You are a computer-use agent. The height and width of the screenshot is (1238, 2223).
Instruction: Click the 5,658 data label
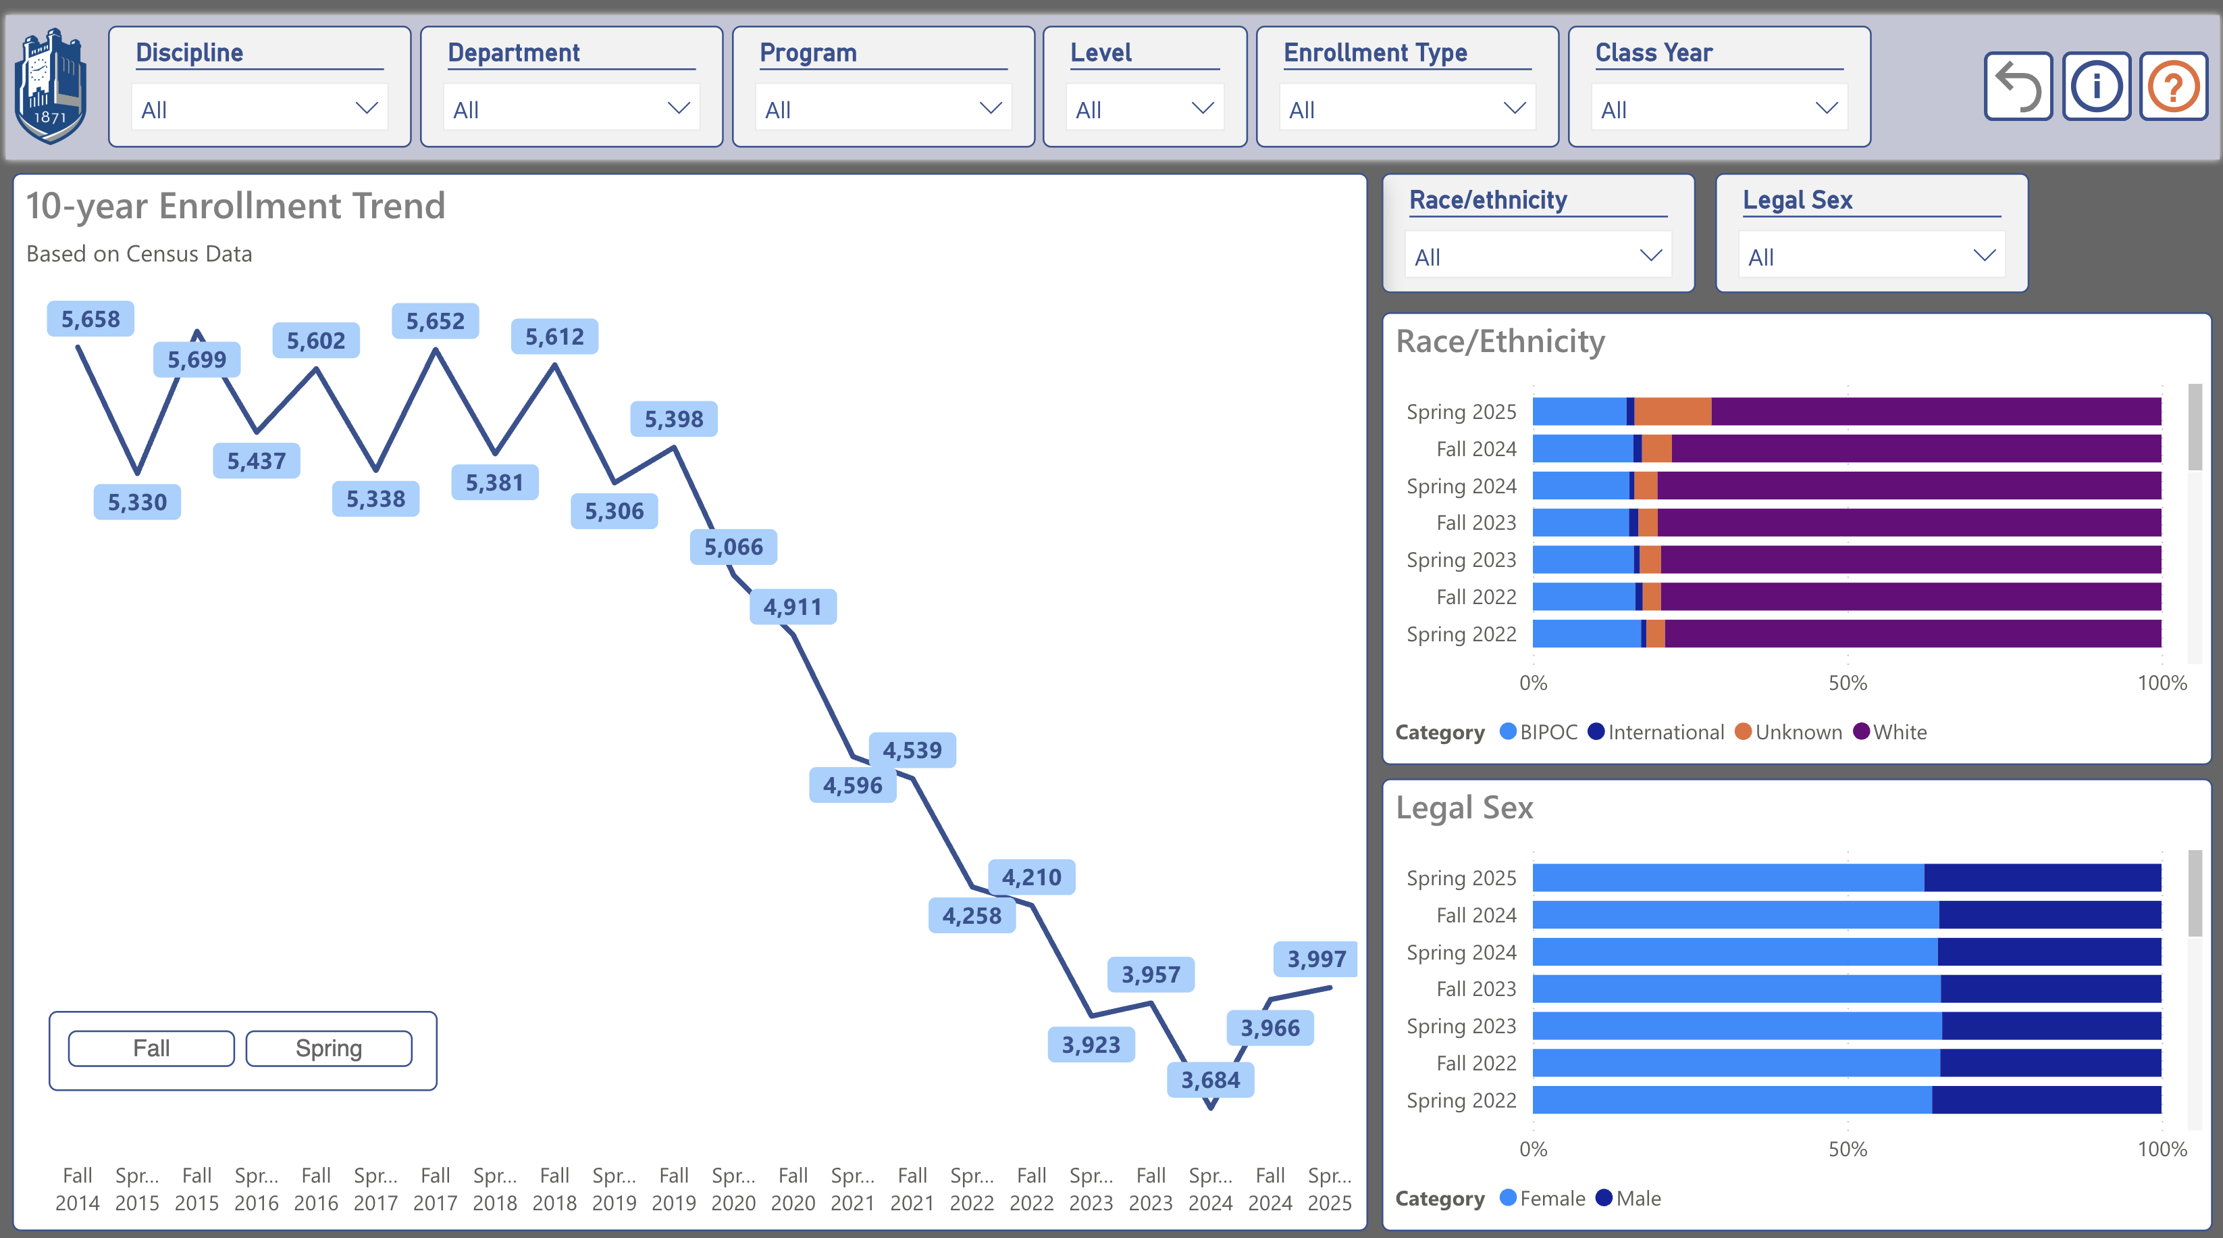click(x=90, y=320)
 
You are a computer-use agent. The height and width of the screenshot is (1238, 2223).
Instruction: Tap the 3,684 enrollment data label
click(x=1210, y=1080)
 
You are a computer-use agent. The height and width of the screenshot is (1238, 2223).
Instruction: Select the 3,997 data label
click(x=1316, y=959)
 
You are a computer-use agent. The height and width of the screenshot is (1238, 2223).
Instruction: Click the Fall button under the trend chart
click(x=151, y=1048)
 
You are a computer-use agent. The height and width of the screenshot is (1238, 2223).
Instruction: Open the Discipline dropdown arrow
click(x=367, y=109)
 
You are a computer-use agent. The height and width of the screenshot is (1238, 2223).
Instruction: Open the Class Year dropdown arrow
click(x=1826, y=109)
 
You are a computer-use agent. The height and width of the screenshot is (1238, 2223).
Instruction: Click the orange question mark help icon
click(x=2173, y=86)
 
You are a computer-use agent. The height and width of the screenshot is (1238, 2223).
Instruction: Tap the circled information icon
click(x=2096, y=86)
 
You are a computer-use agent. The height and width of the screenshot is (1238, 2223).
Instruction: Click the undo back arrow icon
click(x=2018, y=86)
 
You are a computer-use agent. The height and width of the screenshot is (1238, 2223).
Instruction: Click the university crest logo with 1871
click(x=51, y=86)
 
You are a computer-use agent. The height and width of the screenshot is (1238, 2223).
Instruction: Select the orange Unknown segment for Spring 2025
click(x=1673, y=412)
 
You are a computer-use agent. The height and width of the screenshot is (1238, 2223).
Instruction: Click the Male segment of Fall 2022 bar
click(x=2049, y=1063)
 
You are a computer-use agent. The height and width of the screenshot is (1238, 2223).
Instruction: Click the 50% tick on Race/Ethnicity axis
click(x=1848, y=683)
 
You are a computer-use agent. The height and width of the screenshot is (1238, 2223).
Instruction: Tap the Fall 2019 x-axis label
click(x=674, y=1189)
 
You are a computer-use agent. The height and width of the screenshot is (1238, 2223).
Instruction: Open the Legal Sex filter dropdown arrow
click(x=1984, y=255)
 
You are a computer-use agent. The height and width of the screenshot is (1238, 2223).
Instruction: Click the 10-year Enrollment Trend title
click(x=236, y=206)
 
